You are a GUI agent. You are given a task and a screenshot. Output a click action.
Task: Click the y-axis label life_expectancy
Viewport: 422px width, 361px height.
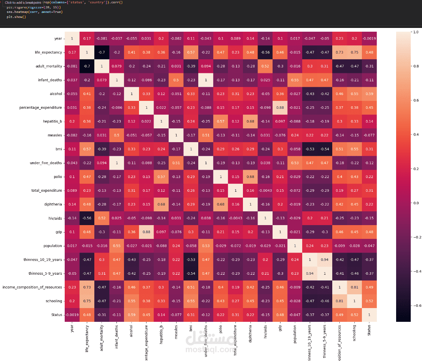(48, 53)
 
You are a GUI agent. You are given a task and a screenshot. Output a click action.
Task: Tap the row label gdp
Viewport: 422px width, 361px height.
(59, 232)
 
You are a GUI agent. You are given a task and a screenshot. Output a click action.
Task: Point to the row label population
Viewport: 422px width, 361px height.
(53, 246)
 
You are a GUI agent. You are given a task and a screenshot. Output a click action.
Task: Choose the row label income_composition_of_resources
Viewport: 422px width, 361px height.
(33, 287)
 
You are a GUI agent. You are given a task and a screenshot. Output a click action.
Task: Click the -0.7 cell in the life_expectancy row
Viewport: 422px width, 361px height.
(101, 53)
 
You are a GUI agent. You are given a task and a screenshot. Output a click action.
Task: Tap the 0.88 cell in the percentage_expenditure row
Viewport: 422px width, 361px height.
(280, 108)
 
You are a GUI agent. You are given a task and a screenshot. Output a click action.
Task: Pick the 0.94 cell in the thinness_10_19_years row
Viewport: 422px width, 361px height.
(325, 260)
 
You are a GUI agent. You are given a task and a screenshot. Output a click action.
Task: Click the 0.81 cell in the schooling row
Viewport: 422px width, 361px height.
(340, 301)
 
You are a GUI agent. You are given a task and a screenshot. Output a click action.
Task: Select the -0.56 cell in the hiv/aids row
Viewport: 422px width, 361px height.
(86, 218)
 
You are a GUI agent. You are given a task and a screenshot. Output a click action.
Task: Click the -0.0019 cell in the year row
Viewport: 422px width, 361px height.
(369, 39)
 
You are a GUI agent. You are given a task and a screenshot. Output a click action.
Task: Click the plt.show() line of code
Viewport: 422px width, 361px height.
(16, 17)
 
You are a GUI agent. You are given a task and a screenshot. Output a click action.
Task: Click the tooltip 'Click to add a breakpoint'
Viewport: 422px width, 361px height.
(23, 3)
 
